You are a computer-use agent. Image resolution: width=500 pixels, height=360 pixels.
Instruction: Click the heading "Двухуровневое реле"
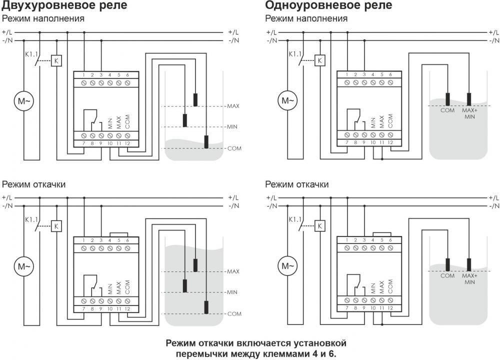64,5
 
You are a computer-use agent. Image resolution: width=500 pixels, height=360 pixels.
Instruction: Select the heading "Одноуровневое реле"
329,5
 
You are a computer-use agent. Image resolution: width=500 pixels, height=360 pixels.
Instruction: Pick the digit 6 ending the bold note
331,353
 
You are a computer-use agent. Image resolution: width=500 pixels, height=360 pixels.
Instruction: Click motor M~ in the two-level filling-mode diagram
24,101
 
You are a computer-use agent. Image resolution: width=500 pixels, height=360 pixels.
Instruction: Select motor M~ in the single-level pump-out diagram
287,266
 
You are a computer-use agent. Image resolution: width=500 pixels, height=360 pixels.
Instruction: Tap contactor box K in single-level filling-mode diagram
320,60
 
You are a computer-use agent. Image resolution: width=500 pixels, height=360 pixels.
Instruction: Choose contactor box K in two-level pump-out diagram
56,226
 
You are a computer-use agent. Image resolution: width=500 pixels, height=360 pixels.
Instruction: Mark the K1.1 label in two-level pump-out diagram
31,219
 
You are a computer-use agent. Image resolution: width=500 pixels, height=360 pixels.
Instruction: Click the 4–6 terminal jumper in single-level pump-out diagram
382,234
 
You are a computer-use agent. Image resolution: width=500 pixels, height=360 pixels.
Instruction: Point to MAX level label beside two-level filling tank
233,106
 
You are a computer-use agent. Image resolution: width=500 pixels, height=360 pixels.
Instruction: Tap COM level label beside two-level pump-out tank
234,314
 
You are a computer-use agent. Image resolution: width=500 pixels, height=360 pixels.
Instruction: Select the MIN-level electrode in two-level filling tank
185,120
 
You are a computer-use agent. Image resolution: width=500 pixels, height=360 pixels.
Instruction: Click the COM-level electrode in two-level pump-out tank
206,307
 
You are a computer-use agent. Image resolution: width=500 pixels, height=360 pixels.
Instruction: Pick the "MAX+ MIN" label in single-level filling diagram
469,113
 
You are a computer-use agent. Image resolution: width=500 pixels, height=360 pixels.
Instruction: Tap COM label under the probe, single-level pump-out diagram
447,275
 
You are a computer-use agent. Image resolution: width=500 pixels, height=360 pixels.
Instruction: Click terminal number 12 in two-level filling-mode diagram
127,143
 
